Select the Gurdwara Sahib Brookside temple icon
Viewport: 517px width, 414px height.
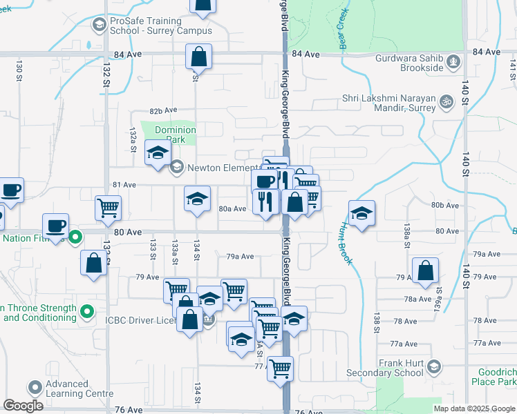click(x=453, y=61)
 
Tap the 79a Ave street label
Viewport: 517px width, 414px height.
click(x=241, y=256)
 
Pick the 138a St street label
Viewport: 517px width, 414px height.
click(x=408, y=231)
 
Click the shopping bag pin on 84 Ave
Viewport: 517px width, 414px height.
click(x=198, y=57)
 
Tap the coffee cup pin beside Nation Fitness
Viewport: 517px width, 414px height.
click(x=55, y=225)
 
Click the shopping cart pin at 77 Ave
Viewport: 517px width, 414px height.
click(x=280, y=368)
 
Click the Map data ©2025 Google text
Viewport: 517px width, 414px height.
click(x=473, y=408)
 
